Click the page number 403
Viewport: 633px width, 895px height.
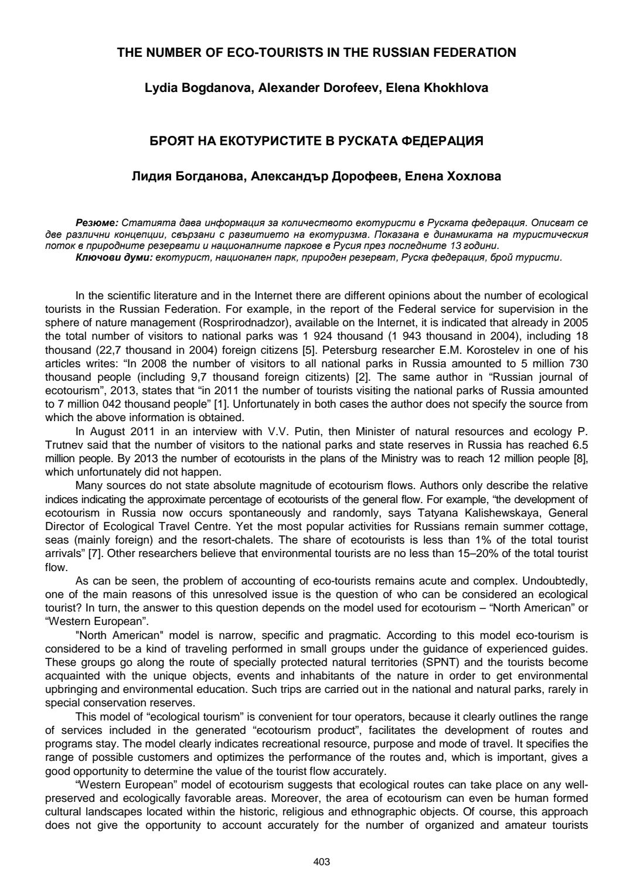(x=322, y=862)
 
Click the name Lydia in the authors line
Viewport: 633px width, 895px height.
(x=159, y=88)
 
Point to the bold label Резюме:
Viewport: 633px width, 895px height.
(x=97, y=223)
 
